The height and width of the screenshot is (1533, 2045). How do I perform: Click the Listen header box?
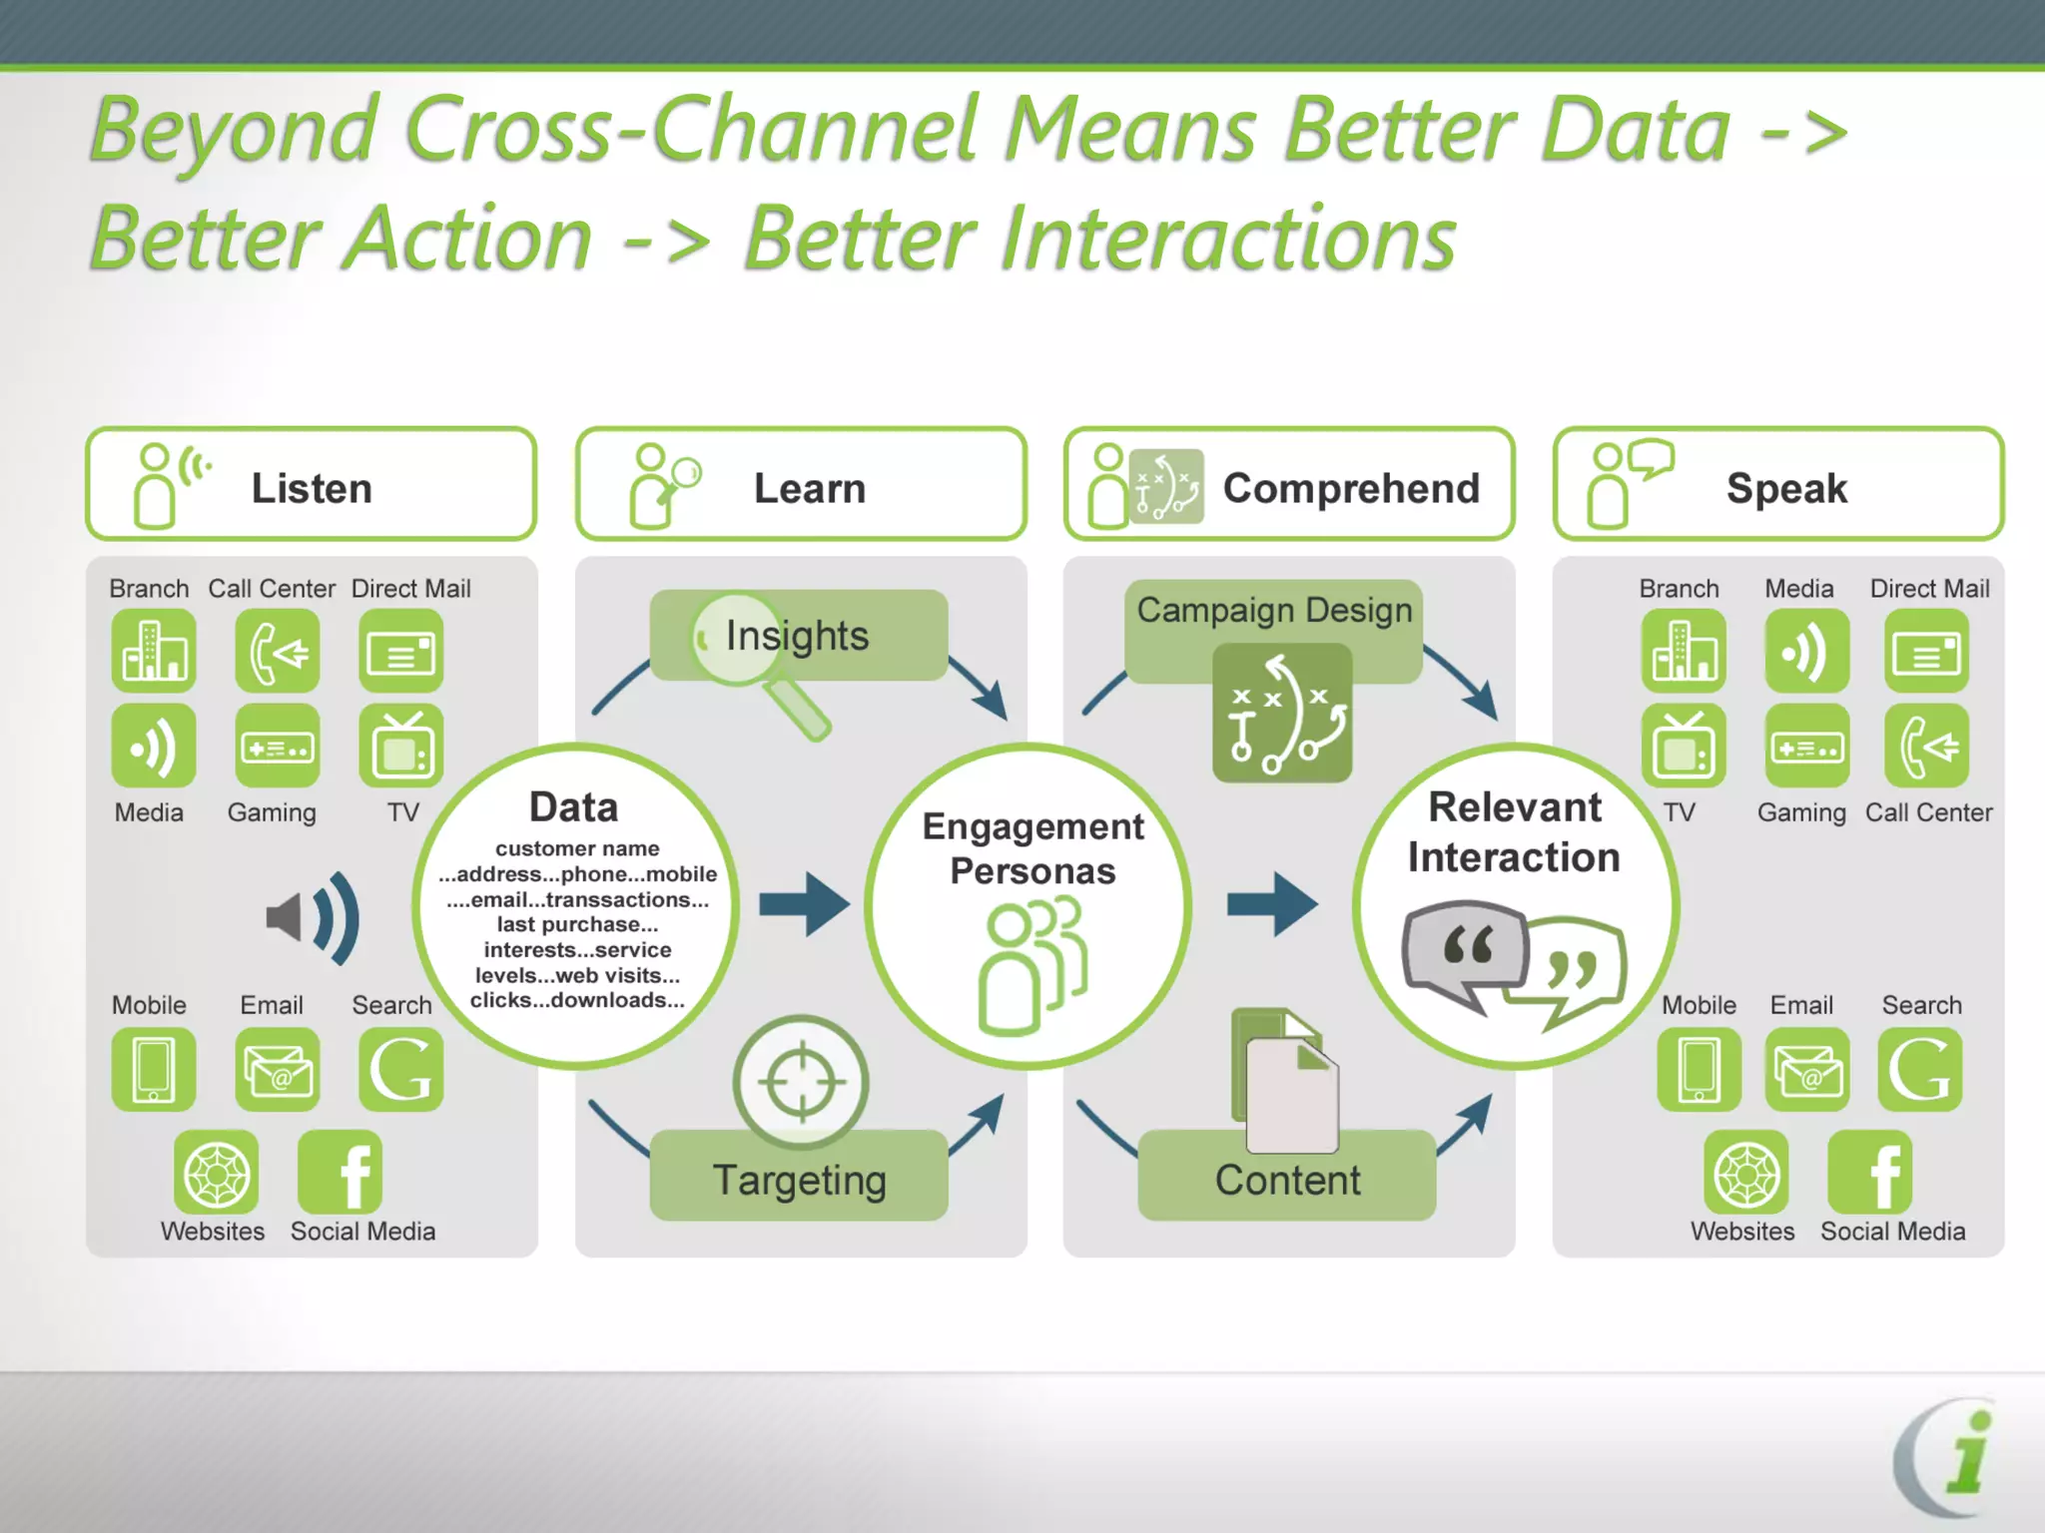coord(311,485)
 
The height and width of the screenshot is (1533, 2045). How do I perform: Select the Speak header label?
coord(1786,489)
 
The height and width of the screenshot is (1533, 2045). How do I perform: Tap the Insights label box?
coord(799,636)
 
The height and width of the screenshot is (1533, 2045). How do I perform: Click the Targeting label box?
coord(799,1179)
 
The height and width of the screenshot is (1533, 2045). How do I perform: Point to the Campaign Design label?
coord(1274,610)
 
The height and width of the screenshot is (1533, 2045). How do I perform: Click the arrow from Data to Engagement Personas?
coord(804,904)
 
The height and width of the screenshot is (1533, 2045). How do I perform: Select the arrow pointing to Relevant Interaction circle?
coord(1272,904)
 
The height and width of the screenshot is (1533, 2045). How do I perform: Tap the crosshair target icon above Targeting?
coord(801,1082)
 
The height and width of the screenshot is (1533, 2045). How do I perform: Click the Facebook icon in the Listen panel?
coord(340,1172)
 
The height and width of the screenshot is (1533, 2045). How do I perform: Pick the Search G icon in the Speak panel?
coord(1919,1070)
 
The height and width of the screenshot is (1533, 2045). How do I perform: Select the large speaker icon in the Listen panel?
coord(313,918)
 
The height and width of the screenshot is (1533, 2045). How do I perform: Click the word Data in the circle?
coord(573,806)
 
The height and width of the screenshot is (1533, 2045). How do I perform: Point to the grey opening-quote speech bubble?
coord(1465,951)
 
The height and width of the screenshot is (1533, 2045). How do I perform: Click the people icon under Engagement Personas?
coord(1032,965)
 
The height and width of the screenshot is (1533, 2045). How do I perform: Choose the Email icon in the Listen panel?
coord(278,1070)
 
